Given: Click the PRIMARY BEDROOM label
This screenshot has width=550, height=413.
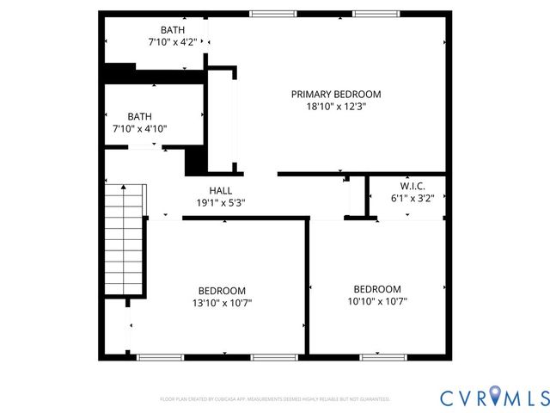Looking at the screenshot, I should [x=336, y=95].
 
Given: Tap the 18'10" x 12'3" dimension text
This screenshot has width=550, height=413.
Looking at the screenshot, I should [x=336, y=108].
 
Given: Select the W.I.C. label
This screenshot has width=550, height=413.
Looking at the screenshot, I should [x=412, y=185].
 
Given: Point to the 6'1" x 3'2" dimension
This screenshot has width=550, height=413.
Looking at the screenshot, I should [x=412, y=198].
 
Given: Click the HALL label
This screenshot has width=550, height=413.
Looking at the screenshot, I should [x=221, y=190].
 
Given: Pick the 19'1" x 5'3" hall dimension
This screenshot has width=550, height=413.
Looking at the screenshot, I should [x=221, y=203].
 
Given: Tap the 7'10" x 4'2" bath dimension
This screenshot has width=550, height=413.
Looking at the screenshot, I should [x=172, y=42].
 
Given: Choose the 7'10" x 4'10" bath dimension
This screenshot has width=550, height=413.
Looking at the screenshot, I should [x=139, y=129].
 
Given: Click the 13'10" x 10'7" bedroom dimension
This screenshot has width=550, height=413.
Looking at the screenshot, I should [x=222, y=303].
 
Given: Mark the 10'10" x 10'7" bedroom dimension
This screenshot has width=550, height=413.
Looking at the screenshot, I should [x=377, y=301].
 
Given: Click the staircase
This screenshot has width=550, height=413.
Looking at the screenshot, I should [x=124, y=241].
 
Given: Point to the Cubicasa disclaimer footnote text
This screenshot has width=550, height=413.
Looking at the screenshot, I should [x=275, y=399].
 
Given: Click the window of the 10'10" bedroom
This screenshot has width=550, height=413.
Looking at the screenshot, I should [x=382, y=356].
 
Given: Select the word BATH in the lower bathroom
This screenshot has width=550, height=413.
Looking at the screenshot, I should [x=139, y=116].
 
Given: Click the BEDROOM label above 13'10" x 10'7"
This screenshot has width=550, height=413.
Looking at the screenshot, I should [x=222, y=291].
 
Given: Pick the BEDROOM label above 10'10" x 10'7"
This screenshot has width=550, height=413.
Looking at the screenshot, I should [x=377, y=289].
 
